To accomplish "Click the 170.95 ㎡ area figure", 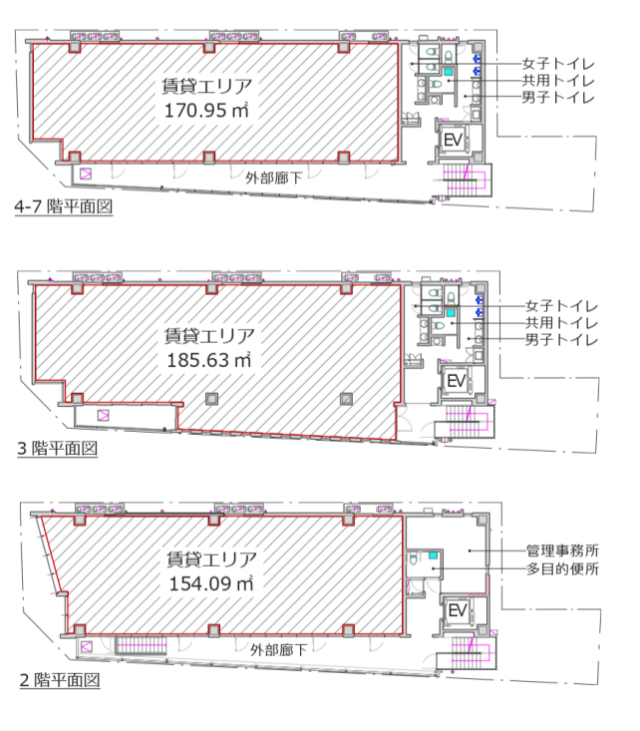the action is [x=206, y=110].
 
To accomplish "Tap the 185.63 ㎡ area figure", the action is [x=208, y=360].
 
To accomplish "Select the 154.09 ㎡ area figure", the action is [x=211, y=583].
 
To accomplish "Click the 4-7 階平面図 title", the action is [x=64, y=206].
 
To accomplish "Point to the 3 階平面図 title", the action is [x=58, y=448].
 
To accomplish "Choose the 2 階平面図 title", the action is [x=60, y=680].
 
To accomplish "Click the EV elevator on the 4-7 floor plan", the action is [x=453, y=140].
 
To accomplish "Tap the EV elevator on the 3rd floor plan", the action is [x=456, y=381].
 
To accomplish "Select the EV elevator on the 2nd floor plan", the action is [x=457, y=610].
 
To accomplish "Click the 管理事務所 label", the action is [x=562, y=550].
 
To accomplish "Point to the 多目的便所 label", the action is [x=562, y=568].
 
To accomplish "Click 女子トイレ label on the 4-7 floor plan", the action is [x=558, y=64].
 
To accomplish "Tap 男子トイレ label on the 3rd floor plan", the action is [x=561, y=339].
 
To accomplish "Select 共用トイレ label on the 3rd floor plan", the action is [x=561, y=322].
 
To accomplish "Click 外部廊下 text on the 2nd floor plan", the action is [x=278, y=650].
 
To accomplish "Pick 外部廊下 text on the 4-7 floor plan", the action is [x=274, y=178].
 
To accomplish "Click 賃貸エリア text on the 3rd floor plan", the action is [x=209, y=336].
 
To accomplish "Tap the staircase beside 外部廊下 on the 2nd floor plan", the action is [x=141, y=645].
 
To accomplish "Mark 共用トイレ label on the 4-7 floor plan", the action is [x=558, y=81].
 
